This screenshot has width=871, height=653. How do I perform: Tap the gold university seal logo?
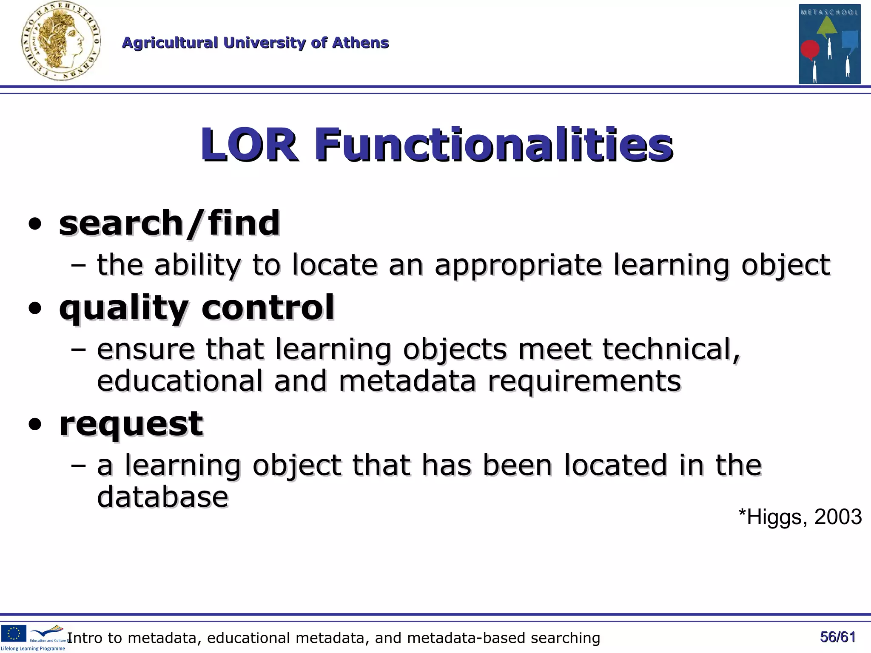(61, 41)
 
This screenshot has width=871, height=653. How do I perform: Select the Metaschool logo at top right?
(829, 44)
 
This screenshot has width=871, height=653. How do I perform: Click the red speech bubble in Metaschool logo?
(810, 50)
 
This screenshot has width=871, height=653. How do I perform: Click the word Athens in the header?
(360, 43)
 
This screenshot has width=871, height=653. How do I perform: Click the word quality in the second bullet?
(123, 308)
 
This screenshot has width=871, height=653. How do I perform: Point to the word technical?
(671, 349)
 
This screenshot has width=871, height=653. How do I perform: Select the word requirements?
(584, 380)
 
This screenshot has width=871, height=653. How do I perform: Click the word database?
(162, 497)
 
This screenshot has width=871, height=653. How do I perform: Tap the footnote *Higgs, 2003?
(800, 517)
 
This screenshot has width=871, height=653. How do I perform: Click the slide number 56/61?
(837, 637)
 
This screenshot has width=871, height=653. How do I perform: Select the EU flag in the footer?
(14, 633)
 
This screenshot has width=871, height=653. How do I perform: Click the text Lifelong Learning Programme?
(33, 649)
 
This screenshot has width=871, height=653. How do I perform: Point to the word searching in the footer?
(565, 638)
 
